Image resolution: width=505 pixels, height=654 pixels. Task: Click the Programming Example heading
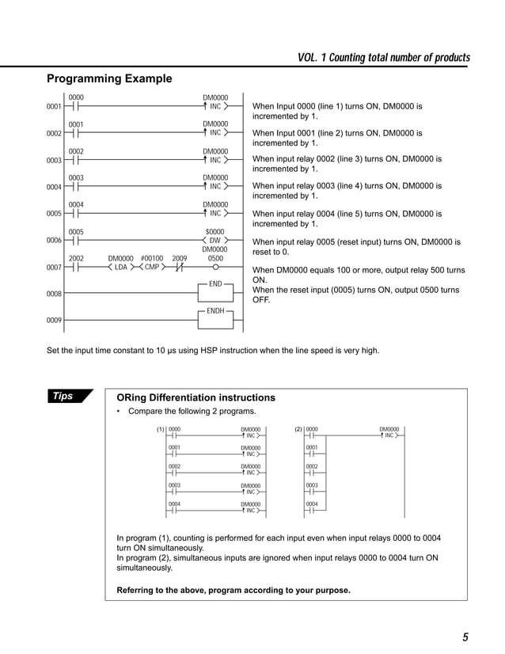tap(109, 78)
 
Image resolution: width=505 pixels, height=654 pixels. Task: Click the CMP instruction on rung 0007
tap(152, 267)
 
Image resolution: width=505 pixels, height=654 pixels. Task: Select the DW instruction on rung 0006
tap(215, 240)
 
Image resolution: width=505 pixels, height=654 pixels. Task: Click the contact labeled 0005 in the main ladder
tap(76, 240)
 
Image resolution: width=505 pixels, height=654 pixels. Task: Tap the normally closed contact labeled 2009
tap(180, 267)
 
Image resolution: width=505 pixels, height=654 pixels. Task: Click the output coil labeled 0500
tap(215, 267)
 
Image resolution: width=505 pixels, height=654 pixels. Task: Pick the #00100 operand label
tap(151, 258)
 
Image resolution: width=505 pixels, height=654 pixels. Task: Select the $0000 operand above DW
tap(215, 231)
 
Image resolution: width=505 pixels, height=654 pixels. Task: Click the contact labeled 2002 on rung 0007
tap(76, 267)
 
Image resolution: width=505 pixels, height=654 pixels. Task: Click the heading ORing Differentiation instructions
tap(196, 397)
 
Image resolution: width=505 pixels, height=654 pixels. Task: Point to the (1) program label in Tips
tap(161, 429)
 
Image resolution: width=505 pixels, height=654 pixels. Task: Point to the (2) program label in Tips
tap(298, 429)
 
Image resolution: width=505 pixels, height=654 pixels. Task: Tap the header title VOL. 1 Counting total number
tap(383, 58)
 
